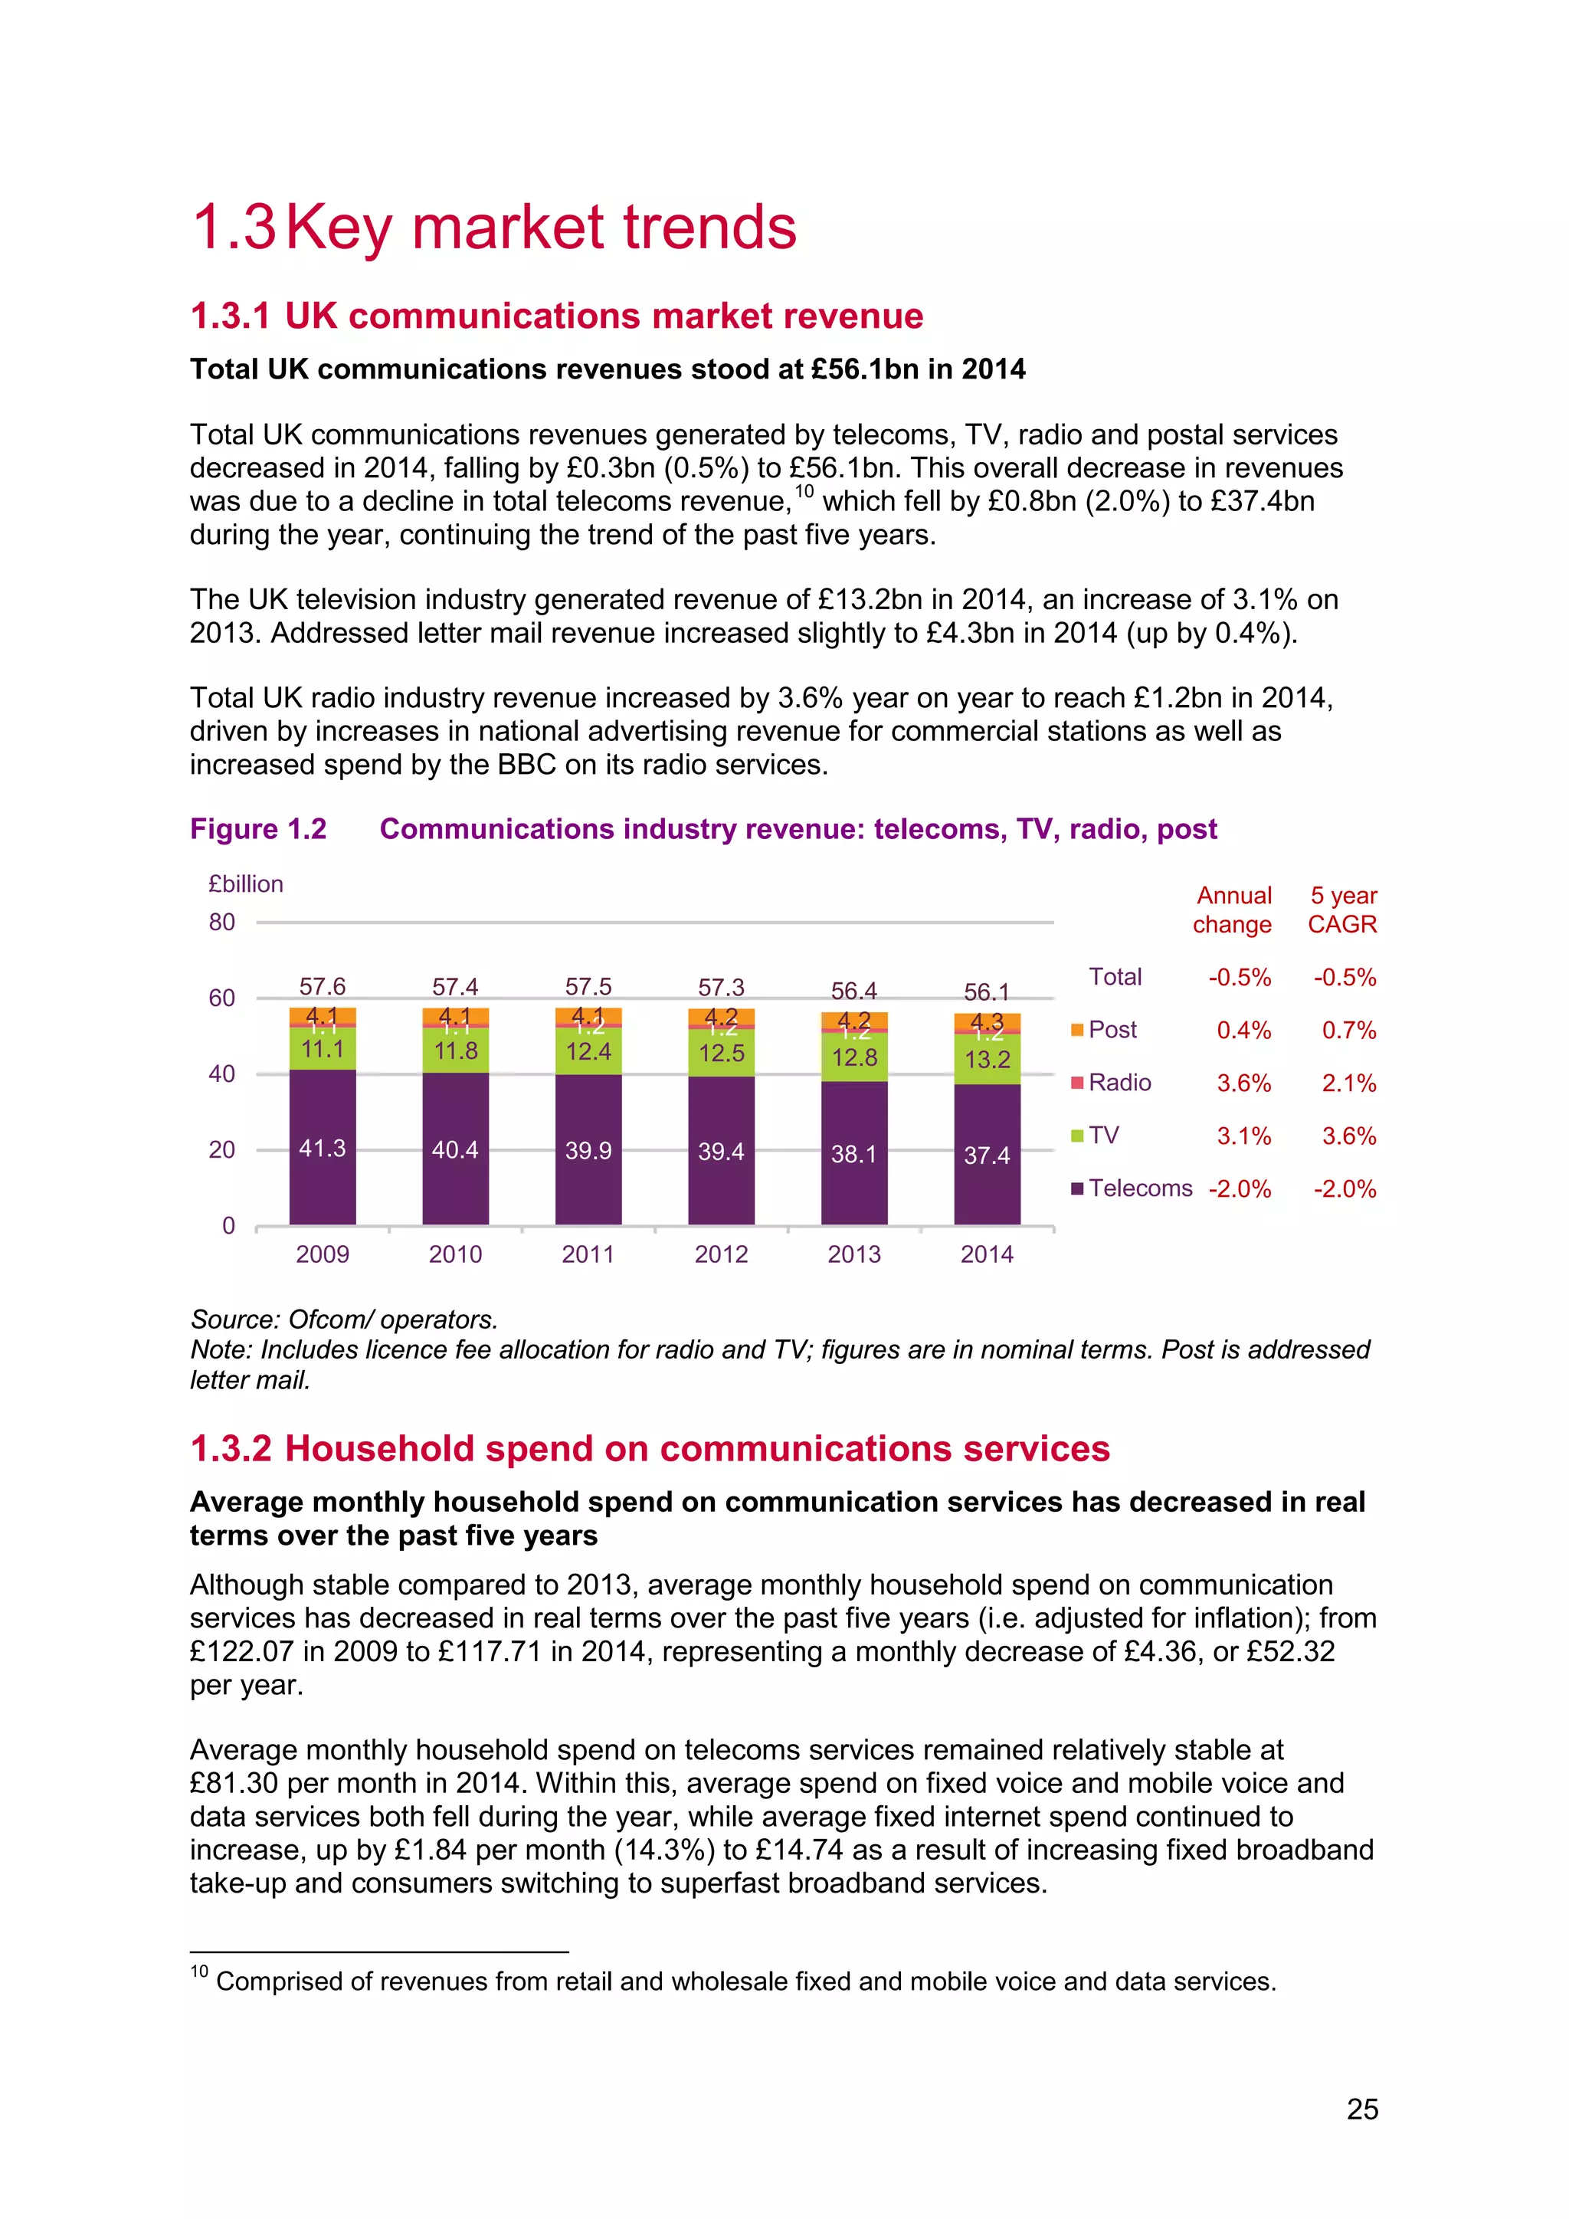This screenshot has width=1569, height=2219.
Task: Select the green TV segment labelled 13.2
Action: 987,1059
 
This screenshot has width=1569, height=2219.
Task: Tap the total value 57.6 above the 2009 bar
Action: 322,986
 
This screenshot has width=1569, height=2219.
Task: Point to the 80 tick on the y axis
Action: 222,922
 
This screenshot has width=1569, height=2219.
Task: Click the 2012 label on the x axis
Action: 721,1254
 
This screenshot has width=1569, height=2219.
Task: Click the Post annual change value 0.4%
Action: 1243,1031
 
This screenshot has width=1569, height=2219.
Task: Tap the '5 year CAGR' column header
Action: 1342,910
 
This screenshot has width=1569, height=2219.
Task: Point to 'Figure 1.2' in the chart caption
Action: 258,829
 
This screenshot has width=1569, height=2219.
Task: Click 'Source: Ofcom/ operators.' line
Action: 344,1319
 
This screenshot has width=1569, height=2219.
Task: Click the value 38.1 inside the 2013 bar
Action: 854,1154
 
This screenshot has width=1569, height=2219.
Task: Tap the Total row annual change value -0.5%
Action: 1240,977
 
